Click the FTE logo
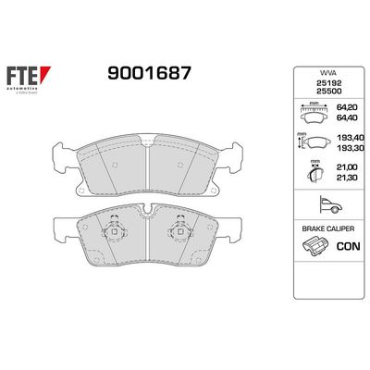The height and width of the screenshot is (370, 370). click(39, 80)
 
